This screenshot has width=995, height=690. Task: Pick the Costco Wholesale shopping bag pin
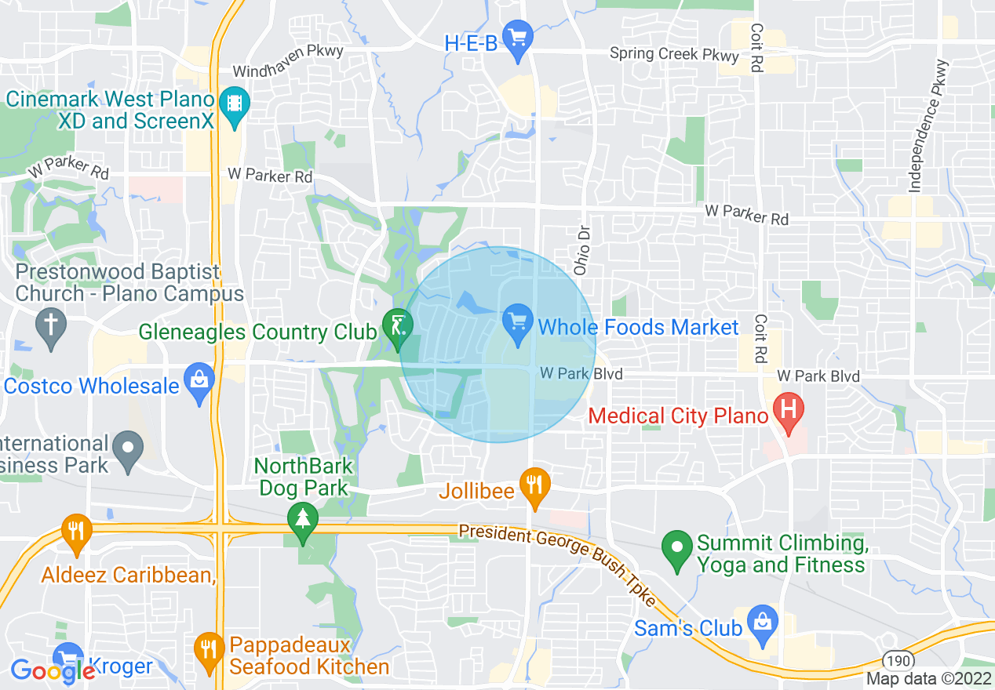pyautogui.click(x=200, y=381)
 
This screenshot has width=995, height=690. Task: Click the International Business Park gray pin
pyautogui.click(x=128, y=450)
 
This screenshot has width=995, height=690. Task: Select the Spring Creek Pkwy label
pyautogui.click(x=675, y=55)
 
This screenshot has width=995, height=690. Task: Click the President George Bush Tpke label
pyautogui.click(x=557, y=563)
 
